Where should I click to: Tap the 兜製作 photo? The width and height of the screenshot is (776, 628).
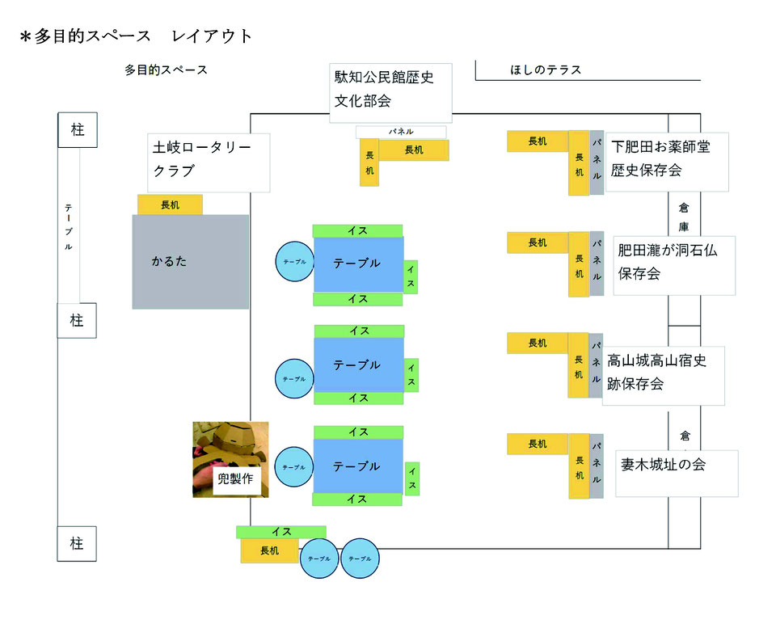click(230, 459)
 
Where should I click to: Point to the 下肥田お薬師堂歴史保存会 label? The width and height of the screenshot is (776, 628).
click(667, 162)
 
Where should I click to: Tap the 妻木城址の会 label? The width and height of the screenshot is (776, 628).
click(677, 473)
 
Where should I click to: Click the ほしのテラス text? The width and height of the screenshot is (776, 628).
click(546, 70)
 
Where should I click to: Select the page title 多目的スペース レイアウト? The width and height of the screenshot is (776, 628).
click(137, 36)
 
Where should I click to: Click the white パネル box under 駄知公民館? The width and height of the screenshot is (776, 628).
click(401, 132)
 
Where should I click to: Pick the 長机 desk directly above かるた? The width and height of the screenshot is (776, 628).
click(170, 204)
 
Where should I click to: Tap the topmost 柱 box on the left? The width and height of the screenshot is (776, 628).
click(77, 130)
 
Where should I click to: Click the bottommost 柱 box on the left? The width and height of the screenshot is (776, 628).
click(77, 544)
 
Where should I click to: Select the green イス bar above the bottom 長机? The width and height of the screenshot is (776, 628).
click(281, 532)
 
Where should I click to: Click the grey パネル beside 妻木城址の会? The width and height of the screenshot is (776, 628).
click(597, 466)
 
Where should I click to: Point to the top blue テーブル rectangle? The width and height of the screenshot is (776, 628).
click(358, 263)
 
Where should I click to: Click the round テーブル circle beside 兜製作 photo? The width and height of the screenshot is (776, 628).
click(293, 467)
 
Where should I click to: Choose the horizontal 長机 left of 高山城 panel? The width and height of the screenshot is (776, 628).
click(538, 344)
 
